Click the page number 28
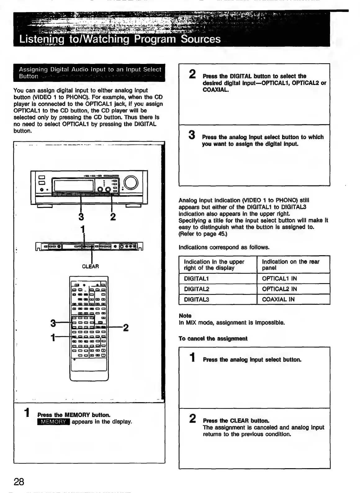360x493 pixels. click(19, 482)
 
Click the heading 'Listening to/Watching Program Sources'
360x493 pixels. click(120, 39)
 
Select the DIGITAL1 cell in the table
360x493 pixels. click(196, 278)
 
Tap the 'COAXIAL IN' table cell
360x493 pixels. click(278, 299)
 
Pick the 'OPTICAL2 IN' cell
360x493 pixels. click(279, 289)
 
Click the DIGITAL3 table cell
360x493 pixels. click(196, 299)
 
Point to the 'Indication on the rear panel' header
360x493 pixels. click(290, 264)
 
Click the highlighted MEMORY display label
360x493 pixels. click(53, 422)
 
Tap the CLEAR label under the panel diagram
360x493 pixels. click(90, 266)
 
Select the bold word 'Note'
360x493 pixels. click(185, 316)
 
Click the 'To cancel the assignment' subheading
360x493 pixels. click(213, 338)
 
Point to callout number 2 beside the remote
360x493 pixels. click(126, 327)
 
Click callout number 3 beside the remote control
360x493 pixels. click(53, 323)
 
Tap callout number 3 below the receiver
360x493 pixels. click(81, 216)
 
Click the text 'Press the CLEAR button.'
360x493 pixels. click(236, 421)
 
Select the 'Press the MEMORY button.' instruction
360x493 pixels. click(74, 415)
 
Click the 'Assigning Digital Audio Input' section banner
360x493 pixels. click(89, 73)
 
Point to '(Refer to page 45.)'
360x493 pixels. click(203, 234)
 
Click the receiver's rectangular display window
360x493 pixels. click(74, 186)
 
